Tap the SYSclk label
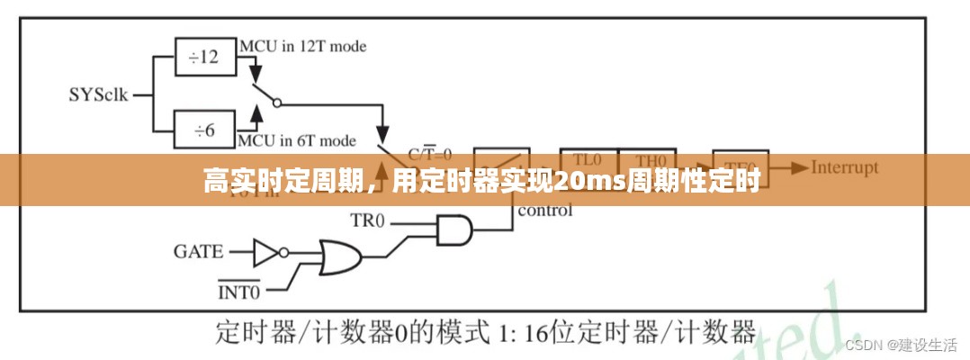pos(98,94)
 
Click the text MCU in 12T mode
pos(302,44)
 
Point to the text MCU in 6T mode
pos(297,140)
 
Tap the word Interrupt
pos(844,167)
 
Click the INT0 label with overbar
pos(239,291)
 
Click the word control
pos(543,211)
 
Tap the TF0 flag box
pos(740,160)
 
